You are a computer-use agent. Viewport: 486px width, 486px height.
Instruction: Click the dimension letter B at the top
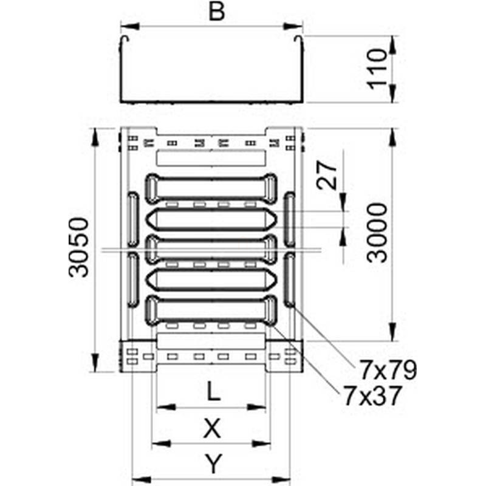click(217, 12)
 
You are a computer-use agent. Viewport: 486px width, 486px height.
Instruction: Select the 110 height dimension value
click(377, 69)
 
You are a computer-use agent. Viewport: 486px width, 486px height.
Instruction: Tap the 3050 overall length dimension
click(78, 247)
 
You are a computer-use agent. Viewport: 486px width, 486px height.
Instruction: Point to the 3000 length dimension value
click(377, 233)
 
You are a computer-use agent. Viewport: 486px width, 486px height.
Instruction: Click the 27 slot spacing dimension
click(327, 175)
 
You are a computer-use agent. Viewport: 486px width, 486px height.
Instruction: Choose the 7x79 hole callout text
click(388, 370)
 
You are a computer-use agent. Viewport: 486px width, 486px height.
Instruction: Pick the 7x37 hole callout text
click(373, 396)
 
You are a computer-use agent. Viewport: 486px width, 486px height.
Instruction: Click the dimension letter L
click(213, 391)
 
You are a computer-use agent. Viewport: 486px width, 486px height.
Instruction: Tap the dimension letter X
click(212, 428)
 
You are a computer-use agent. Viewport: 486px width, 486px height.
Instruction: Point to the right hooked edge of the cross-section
click(298, 40)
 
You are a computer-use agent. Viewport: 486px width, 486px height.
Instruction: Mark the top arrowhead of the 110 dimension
click(392, 45)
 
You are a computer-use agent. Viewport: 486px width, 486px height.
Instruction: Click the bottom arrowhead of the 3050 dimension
click(95, 362)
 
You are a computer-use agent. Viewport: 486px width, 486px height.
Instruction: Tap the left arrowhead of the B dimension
click(129, 26)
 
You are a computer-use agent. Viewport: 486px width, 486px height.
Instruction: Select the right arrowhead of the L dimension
click(256, 407)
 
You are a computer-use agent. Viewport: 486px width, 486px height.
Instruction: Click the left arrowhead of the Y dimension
click(142, 479)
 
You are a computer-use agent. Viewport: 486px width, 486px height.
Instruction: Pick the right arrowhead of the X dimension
click(261, 444)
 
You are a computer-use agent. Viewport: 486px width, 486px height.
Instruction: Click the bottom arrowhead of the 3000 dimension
click(392, 332)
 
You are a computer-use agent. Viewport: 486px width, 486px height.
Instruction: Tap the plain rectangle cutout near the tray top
click(211, 158)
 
